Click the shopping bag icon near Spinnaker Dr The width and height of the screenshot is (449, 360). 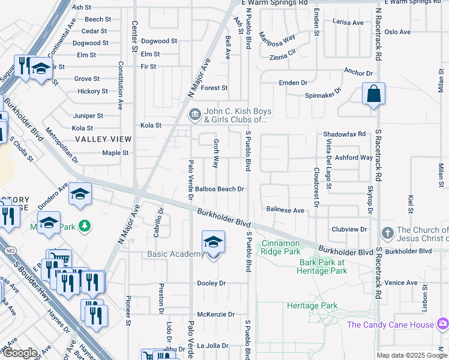(373, 94)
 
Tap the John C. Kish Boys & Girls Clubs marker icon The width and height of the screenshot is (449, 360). (194, 114)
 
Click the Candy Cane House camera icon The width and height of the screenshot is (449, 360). (442, 325)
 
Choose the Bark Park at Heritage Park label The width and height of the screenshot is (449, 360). (323, 266)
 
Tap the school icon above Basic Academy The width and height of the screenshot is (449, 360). (212, 242)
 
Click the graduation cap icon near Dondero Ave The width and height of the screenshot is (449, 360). (79, 194)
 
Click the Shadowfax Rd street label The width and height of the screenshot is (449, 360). (344, 134)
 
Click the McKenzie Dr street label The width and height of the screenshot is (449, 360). (215, 314)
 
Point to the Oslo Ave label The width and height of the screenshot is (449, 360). (397, 32)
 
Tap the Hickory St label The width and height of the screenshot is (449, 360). (92, 92)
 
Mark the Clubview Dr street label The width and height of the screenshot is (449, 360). (349, 230)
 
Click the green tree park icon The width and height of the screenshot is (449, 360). (85, 226)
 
